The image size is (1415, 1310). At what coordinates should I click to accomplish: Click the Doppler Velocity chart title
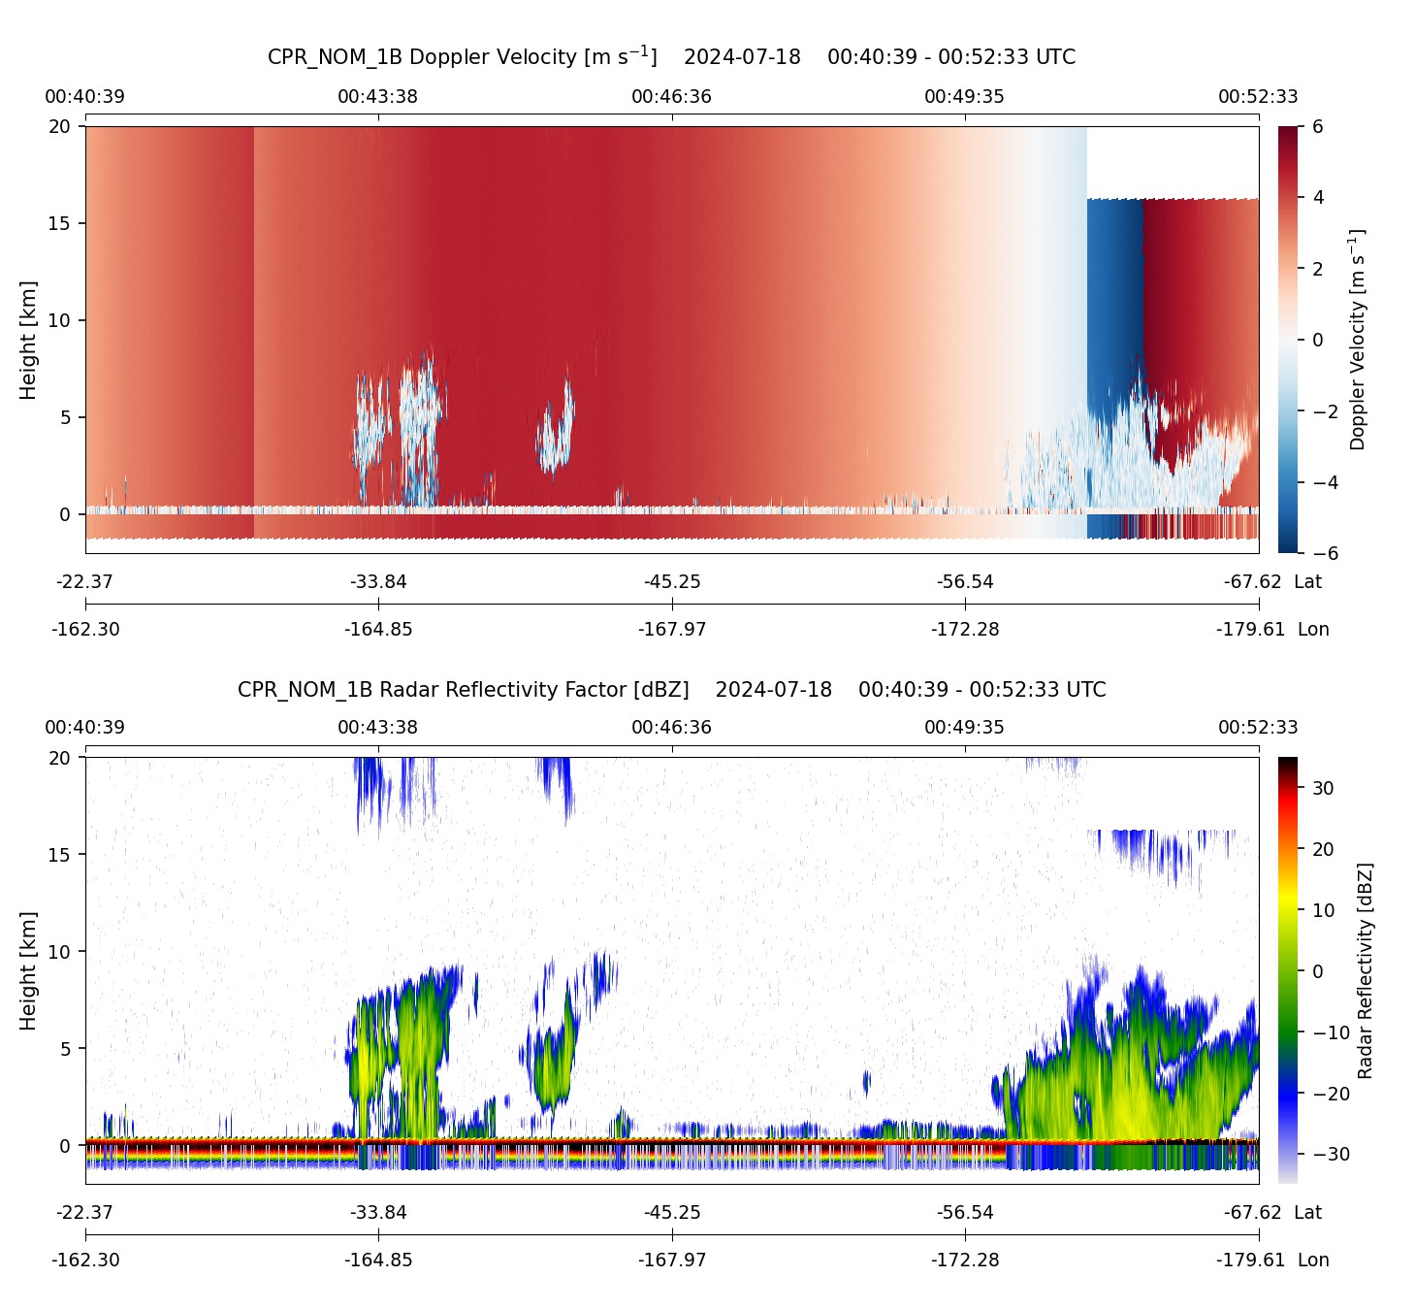pyautogui.click(x=671, y=56)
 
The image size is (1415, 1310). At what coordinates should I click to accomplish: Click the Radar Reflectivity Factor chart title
pyautogui.click(x=671, y=690)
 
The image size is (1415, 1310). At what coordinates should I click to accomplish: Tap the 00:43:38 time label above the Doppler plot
pyautogui.click(x=377, y=97)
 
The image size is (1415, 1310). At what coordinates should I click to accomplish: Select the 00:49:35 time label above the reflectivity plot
pyautogui.click(x=964, y=728)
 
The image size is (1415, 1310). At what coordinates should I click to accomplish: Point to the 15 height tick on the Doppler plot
pyautogui.click(x=60, y=223)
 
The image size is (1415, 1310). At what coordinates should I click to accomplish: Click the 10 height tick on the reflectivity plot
pyautogui.click(x=60, y=952)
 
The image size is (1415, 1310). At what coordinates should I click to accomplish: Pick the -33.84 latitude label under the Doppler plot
pyautogui.click(x=378, y=582)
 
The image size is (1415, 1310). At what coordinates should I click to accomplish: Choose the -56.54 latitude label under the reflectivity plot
pyautogui.click(x=965, y=1213)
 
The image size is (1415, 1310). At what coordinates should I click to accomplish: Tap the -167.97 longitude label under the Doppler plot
pyautogui.click(x=672, y=630)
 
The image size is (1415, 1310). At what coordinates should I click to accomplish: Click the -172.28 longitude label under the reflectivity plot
pyautogui.click(x=965, y=1261)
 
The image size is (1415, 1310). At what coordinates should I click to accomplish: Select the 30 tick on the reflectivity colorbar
pyautogui.click(x=1323, y=789)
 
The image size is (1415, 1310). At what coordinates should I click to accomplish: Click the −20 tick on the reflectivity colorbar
pyautogui.click(x=1329, y=1094)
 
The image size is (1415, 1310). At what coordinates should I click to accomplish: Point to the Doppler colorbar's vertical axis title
pyautogui.click(x=1357, y=340)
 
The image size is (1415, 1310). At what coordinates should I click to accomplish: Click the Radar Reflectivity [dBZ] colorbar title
pyautogui.click(x=1365, y=970)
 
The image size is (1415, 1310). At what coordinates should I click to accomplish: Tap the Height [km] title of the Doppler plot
pyautogui.click(x=28, y=340)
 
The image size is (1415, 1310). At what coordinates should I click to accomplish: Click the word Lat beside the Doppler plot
pyautogui.click(x=1307, y=582)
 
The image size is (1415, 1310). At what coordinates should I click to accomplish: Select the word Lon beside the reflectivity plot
pyautogui.click(x=1313, y=1261)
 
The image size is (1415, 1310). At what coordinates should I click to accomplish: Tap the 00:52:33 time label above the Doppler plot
pyautogui.click(x=1258, y=97)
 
